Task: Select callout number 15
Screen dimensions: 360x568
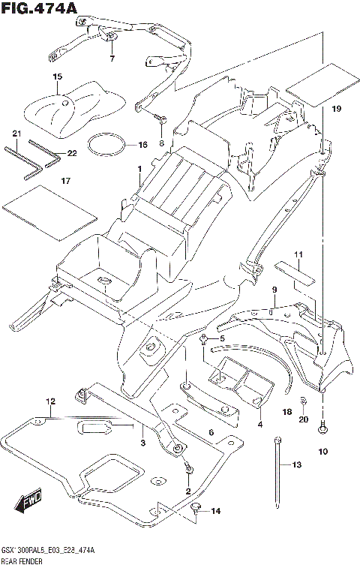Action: point(57,77)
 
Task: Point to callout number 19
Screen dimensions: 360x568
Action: point(337,108)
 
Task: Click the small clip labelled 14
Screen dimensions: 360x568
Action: point(196,508)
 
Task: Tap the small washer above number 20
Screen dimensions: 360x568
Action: point(304,400)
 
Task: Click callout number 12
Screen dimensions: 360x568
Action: point(50,401)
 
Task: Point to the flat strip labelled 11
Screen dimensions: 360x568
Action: point(294,273)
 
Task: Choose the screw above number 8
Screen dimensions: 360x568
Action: point(159,118)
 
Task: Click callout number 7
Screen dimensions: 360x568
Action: point(112,59)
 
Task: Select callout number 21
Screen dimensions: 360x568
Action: point(16,134)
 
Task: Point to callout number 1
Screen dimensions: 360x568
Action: point(139,169)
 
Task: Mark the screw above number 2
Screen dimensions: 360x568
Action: point(188,467)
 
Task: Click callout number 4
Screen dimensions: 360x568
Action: point(260,424)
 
